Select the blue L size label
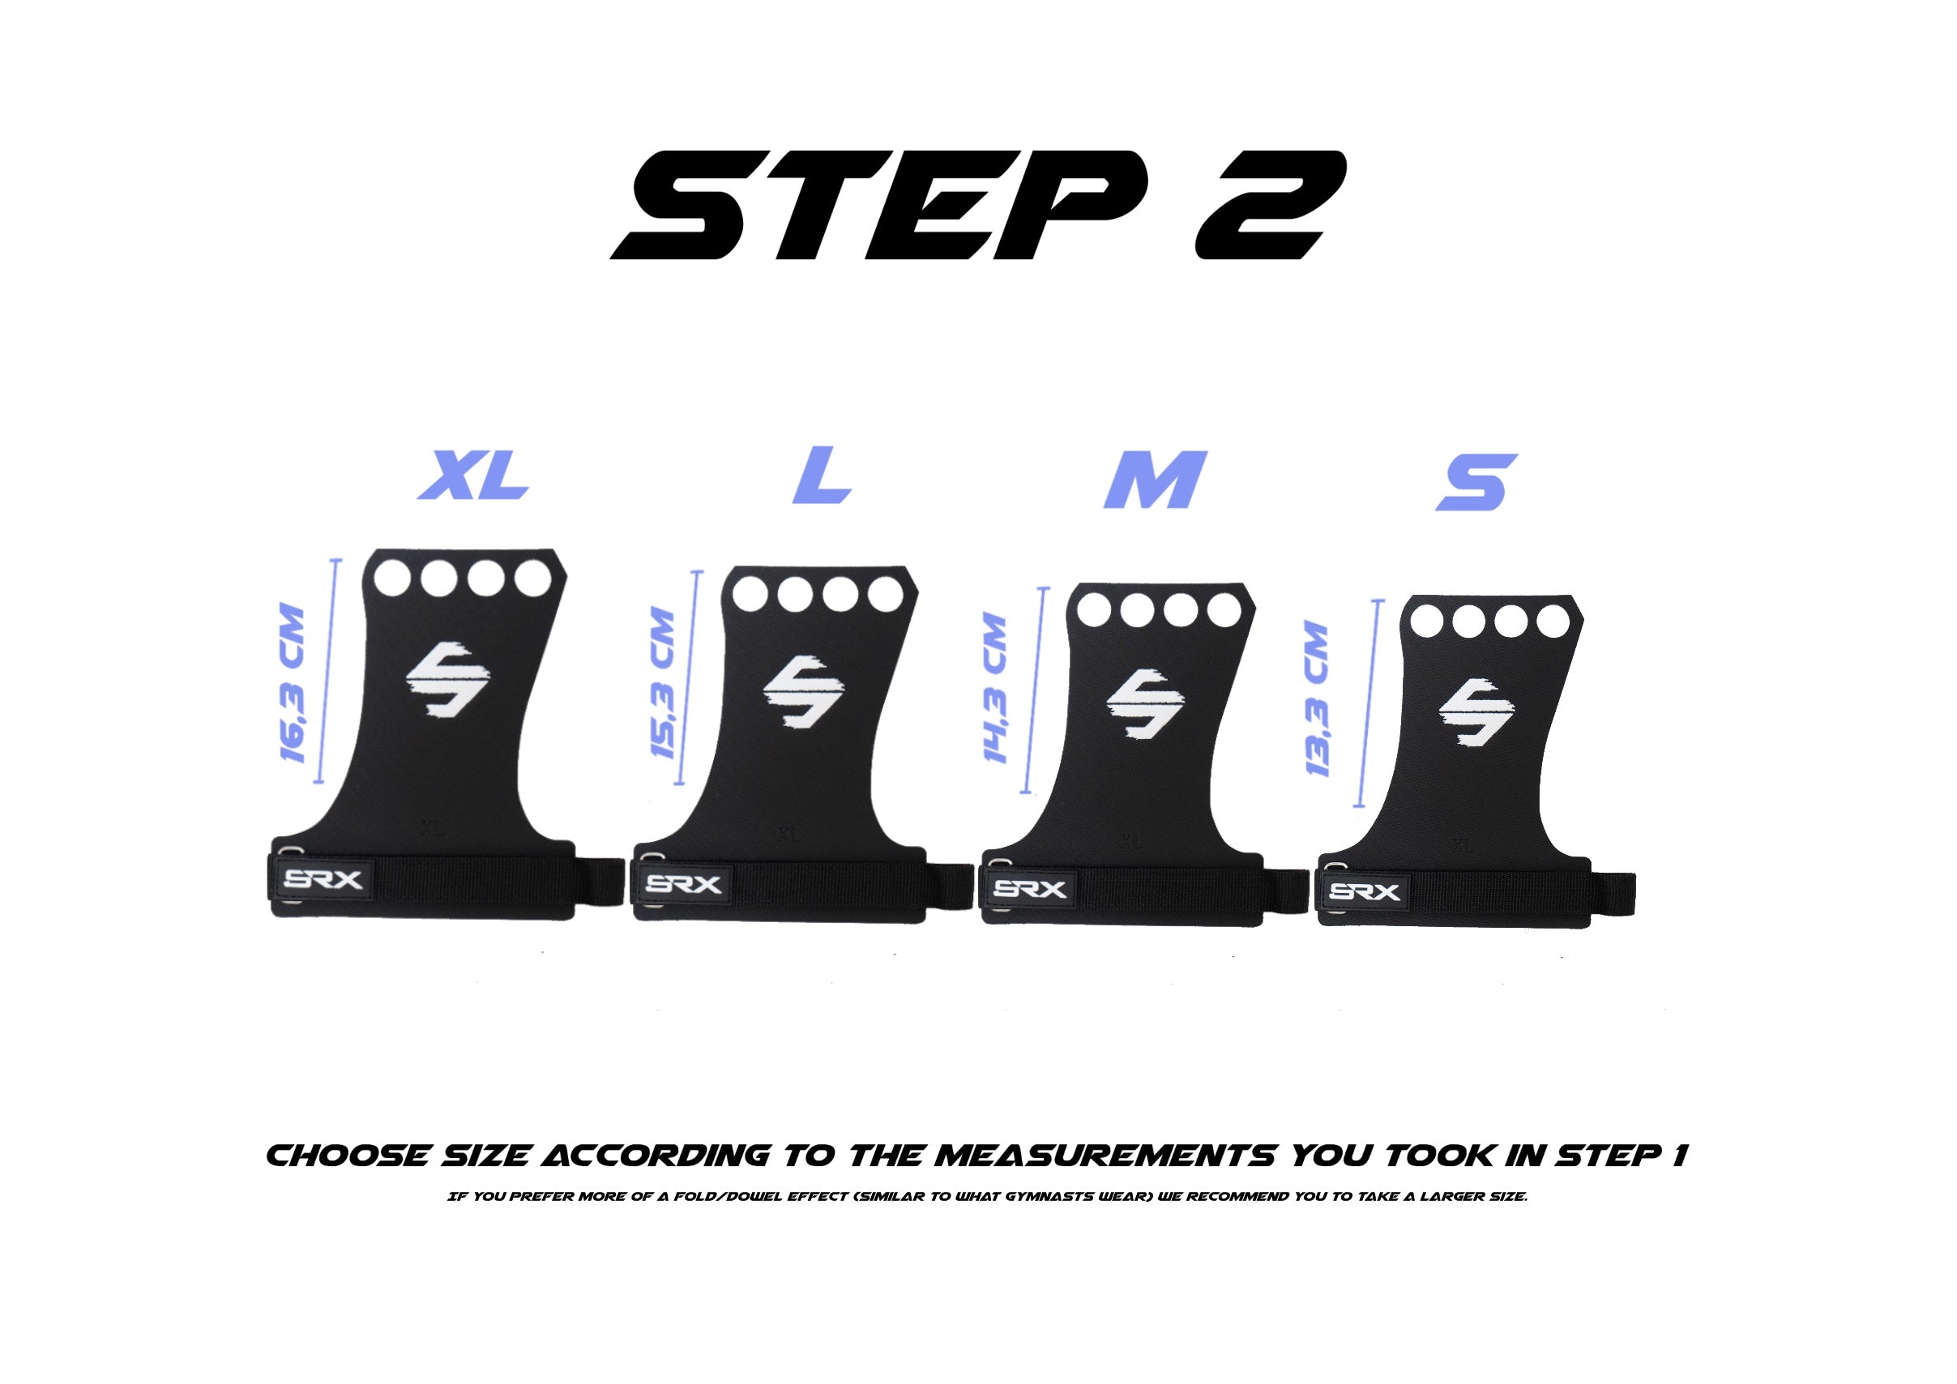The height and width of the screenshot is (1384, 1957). click(x=822, y=475)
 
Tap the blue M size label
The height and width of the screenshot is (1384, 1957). click(x=1154, y=480)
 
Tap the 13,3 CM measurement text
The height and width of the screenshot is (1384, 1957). click(x=1316, y=699)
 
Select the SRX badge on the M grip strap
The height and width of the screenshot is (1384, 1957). click(x=1030, y=890)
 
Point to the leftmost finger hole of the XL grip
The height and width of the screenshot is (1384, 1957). click(x=391, y=577)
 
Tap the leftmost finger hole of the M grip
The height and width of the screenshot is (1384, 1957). click(x=1093, y=610)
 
